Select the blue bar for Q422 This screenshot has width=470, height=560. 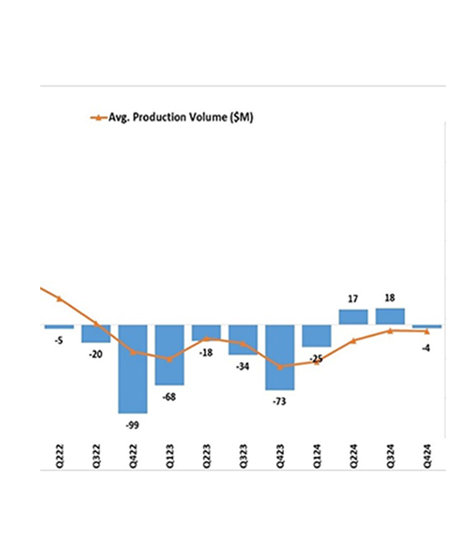[133, 369]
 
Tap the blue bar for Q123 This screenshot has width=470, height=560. [169, 355]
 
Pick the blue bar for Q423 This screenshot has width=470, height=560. [280, 357]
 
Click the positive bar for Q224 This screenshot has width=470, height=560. [353, 317]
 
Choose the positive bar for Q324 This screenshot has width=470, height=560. [390, 316]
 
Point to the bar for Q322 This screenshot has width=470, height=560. [96, 334]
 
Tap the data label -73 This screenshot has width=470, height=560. [280, 402]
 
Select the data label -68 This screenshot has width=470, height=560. [169, 397]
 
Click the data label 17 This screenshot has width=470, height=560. [353, 299]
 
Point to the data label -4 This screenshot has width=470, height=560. [427, 348]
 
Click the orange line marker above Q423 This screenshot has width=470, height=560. [280, 367]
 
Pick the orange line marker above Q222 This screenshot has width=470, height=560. [59, 298]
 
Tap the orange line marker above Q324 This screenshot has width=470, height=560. [390, 331]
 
